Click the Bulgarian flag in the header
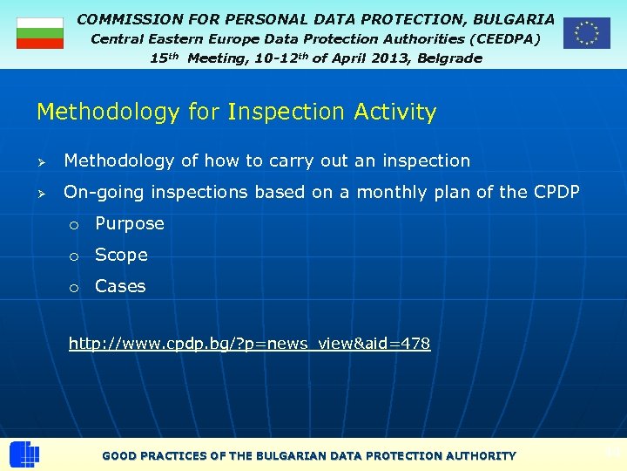coord(40,32)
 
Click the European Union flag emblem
coord(586,32)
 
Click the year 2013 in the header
coord(374,58)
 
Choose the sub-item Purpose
coord(130,224)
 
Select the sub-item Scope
coord(121,256)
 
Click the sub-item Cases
coord(120,286)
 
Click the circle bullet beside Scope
coord(76,256)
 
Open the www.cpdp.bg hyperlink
coord(249,344)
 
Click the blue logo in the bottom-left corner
coord(24,454)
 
